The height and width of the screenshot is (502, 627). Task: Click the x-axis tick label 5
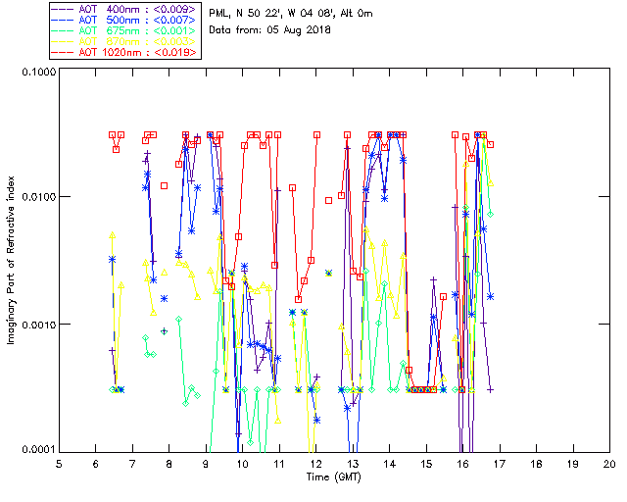(59, 464)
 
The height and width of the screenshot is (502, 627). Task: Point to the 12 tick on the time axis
(315, 464)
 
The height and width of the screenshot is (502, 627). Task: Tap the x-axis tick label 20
(609, 464)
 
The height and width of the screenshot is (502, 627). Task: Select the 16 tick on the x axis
(462, 464)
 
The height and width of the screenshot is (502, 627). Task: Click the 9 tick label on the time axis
(206, 464)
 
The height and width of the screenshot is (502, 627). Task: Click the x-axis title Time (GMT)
(333, 477)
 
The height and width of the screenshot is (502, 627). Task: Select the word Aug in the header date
(287, 30)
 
